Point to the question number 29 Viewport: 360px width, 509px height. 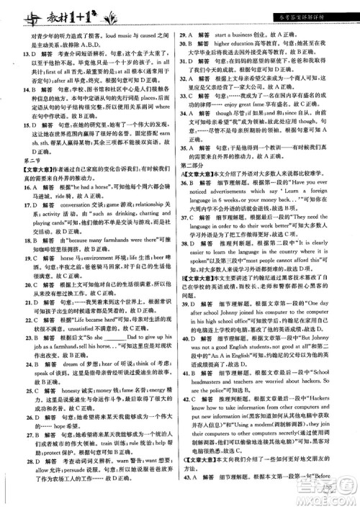(184, 34)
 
